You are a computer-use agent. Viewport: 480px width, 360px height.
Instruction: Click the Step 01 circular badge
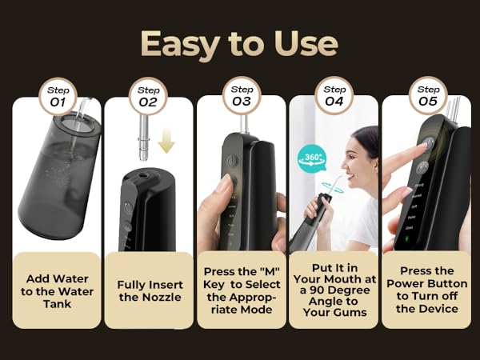point(57,97)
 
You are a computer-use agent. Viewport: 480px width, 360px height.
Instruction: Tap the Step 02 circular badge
point(149,97)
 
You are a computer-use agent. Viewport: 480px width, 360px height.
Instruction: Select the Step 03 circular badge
point(242,97)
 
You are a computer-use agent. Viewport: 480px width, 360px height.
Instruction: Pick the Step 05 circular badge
point(428,97)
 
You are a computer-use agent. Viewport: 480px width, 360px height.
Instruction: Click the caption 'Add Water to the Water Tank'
point(58,291)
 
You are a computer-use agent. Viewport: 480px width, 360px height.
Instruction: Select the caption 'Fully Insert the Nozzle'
point(150,291)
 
